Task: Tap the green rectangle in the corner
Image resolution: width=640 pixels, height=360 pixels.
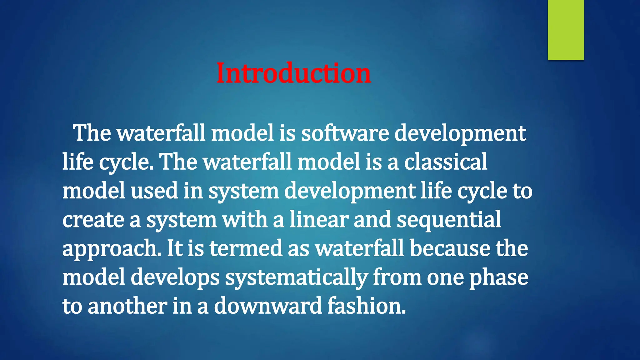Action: point(566,30)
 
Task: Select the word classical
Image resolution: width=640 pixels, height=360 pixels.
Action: point(446,162)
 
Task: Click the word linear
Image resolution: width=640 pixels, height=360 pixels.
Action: point(319,219)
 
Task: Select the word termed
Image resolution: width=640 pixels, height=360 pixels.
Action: point(246,248)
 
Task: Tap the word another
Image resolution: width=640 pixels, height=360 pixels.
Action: point(127,306)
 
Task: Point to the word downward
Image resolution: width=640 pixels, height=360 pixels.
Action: point(268,306)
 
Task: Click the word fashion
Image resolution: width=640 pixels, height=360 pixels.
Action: point(367,306)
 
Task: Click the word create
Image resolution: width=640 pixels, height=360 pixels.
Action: point(93,220)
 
